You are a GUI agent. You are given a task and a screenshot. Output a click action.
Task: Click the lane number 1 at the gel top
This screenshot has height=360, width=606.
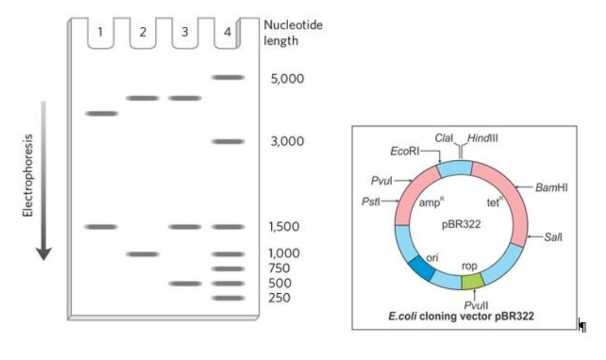click(x=100, y=32)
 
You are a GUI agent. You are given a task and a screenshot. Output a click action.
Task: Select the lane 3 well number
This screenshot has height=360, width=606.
click(x=185, y=32)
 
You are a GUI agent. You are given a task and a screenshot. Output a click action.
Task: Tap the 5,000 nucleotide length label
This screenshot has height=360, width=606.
click(x=288, y=79)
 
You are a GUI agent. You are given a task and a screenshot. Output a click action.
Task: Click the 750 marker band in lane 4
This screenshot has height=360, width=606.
click(x=227, y=269)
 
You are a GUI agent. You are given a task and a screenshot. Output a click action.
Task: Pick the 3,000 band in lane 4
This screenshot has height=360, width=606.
click(x=227, y=141)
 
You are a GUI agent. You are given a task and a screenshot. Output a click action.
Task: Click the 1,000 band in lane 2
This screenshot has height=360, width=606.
click(x=143, y=254)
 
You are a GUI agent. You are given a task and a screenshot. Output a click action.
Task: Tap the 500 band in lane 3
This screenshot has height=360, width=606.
click(x=185, y=283)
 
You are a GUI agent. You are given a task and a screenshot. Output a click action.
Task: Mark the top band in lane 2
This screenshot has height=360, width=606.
click(x=143, y=98)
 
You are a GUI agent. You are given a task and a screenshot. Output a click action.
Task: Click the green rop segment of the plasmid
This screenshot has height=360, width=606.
click(x=472, y=281)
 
